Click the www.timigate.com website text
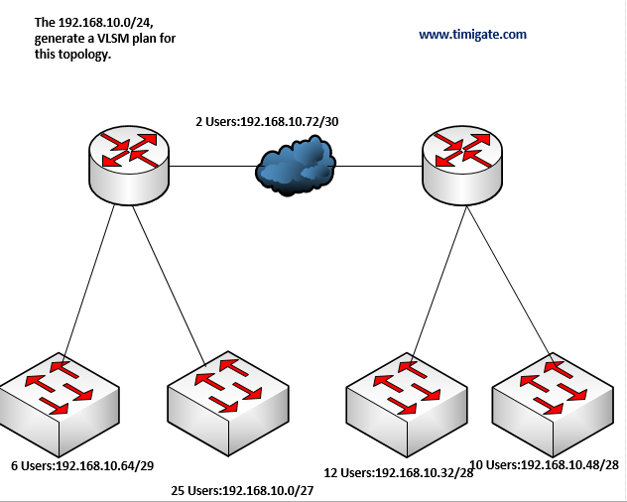(472, 34)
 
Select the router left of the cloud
(129, 160)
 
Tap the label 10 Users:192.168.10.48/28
(544, 464)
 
